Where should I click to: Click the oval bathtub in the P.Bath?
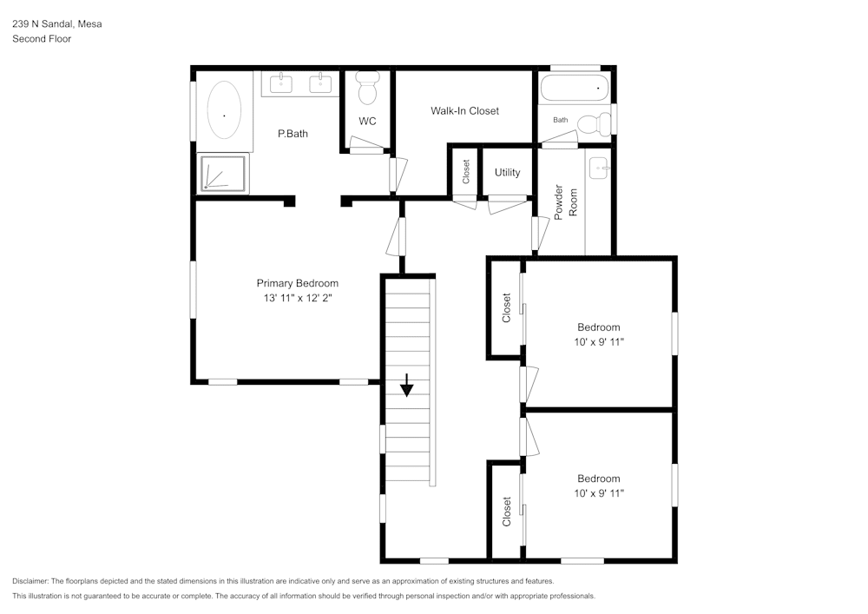(224, 110)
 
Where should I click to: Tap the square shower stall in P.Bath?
(224, 173)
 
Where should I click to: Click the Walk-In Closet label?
(464, 111)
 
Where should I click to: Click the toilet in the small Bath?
(595, 124)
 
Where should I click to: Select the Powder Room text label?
(565, 201)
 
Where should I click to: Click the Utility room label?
(508, 173)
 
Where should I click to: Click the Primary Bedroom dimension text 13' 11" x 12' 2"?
(298, 298)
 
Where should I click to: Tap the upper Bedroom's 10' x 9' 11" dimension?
(599, 342)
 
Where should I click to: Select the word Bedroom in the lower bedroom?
(599, 479)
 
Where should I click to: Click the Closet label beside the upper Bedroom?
(507, 307)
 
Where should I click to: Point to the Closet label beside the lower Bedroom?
(507, 512)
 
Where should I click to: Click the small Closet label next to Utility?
(466, 171)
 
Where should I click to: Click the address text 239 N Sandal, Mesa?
(56, 24)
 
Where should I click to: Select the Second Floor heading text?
(42, 39)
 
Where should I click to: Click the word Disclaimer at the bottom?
(30, 581)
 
